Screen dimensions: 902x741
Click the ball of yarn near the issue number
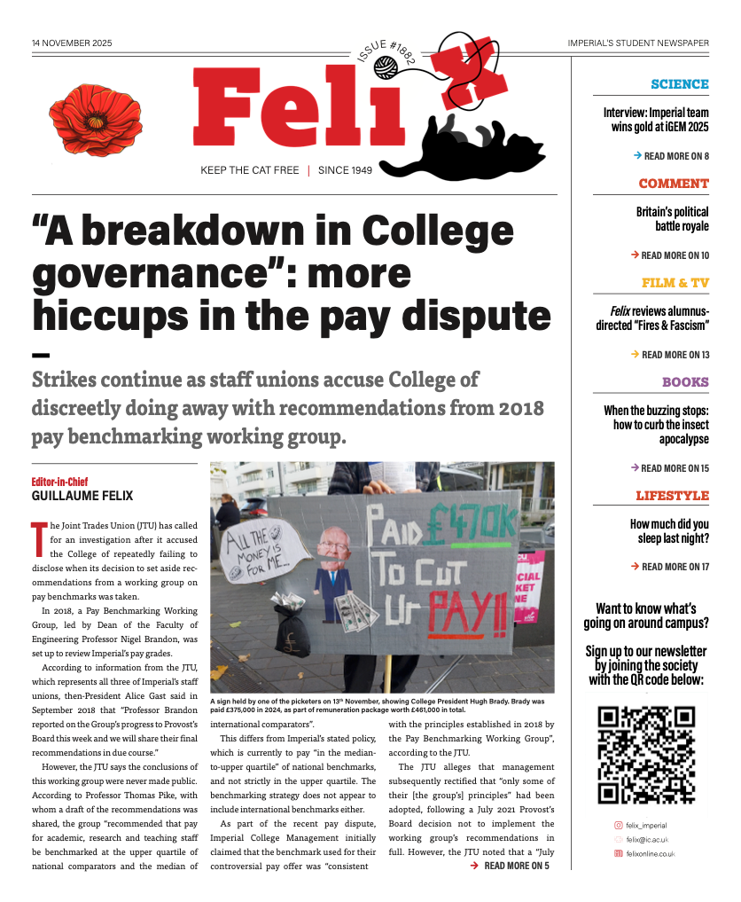coord(385,66)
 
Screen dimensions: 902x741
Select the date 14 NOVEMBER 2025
coord(72,43)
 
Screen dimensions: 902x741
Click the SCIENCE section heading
coord(679,84)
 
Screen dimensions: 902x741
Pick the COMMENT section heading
coord(673,184)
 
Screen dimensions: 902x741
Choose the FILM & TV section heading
coord(675,283)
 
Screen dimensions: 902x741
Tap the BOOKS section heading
coord(684,382)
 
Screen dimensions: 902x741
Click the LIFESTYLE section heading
coord(672,496)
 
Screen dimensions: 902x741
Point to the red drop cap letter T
coord(38,535)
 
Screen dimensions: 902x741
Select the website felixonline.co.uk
coord(651,853)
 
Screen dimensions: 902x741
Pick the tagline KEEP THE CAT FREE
coord(249,170)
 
